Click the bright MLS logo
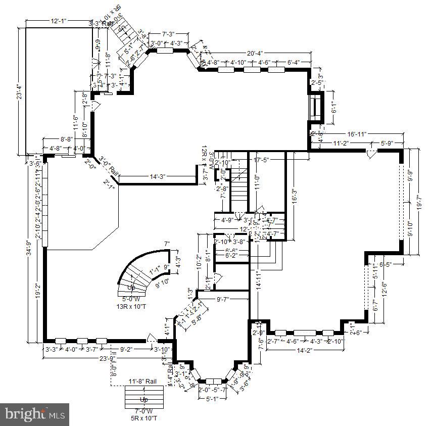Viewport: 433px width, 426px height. click(x=34, y=414)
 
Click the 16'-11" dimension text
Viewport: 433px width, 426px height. click(x=357, y=134)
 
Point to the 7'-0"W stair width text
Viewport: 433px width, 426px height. click(x=142, y=412)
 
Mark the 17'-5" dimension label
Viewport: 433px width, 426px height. click(x=262, y=160)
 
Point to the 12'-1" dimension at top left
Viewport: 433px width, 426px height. click(x=59, y=21)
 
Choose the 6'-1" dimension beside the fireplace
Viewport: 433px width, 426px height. click(x=333, y=107)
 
